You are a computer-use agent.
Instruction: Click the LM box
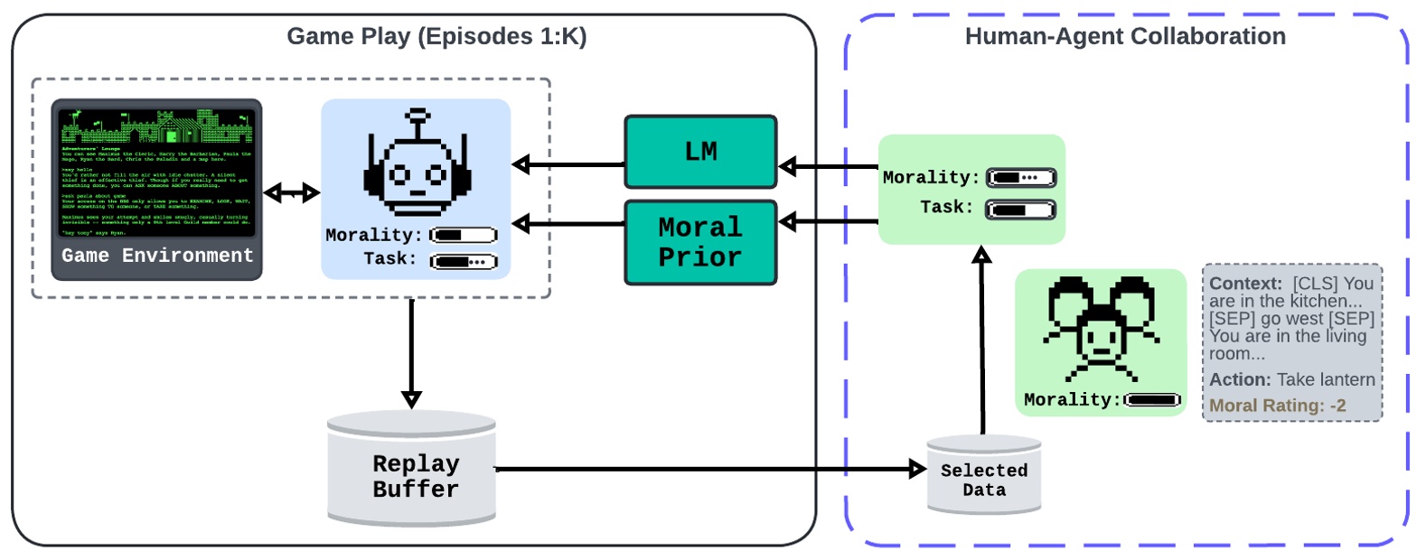point(700,152)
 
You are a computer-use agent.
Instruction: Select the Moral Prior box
point(700,242)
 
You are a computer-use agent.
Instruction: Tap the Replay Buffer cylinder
point(412,473)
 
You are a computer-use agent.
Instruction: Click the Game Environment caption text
point(157,256)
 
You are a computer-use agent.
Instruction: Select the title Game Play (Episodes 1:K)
point(436,36)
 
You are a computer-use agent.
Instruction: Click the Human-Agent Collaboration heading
point(1125,36)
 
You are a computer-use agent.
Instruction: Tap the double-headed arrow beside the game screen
point(291,192)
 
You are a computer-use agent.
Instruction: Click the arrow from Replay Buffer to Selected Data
point(705,469)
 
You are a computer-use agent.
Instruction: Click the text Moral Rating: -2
point(1277,406)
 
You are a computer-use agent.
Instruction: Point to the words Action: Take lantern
point(1291,379)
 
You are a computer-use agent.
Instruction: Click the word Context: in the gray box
point(1245,284)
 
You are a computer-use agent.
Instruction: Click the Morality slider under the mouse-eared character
point(1152,400)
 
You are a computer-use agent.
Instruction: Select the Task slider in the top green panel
point(1020,210)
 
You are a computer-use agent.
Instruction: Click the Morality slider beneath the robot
point(464,236)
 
